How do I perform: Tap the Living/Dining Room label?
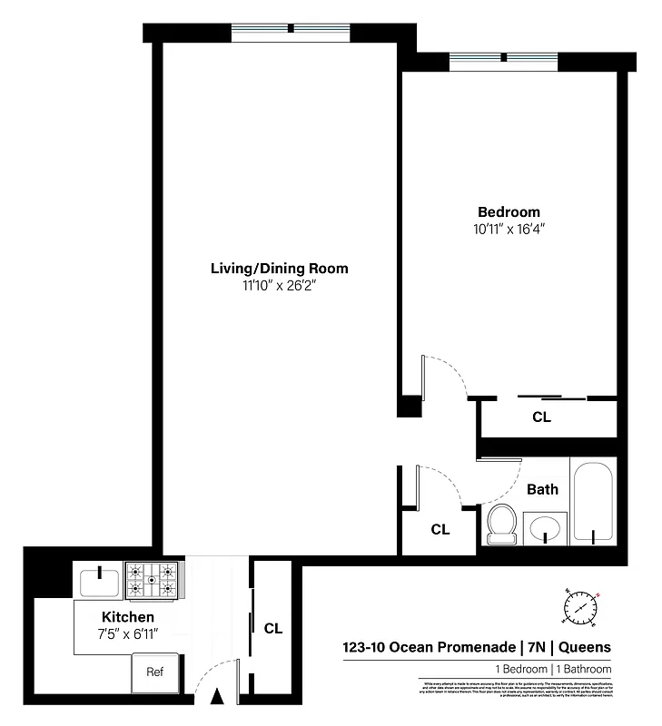(279, 269)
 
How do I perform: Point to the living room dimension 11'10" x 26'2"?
(279, 286)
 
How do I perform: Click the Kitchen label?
(121, 616)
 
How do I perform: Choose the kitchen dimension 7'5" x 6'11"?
(121, 633)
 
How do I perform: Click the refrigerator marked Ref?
(155, 672)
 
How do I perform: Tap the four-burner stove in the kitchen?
(153, 580)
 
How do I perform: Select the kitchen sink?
(97, 580)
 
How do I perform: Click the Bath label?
(542, 489)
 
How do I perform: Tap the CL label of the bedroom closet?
(541, 418)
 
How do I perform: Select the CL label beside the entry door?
(272, 627)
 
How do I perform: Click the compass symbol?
(581, 605)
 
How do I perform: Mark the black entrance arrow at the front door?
(216, 698)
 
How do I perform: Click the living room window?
(290, 31)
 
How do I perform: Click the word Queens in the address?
(584, 647)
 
